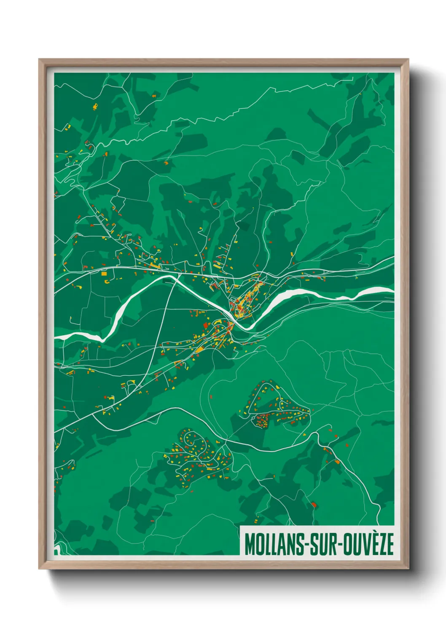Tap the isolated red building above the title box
pyautogui.click(x=314, y=504)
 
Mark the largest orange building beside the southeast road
pyautogui.click(x=337, y=462)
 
